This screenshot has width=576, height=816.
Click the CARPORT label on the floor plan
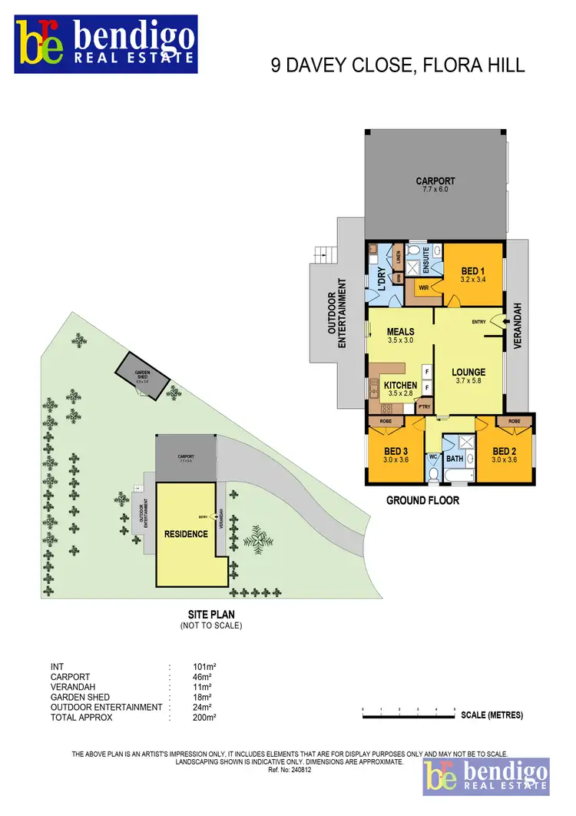pyautogui.click(x=435, y=182)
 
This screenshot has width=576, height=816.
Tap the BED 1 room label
pyautogui.click(x=472, y=271)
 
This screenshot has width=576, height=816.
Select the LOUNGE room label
pyautogui.click(x=470, y=373)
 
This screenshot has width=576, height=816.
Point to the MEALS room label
pyautogui.click(x=400, y=332)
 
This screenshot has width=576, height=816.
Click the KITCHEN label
pyautogui.click(x=400, y=385)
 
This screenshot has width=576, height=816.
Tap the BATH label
pyautogui.click(x=455, y=459)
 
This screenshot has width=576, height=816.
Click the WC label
pyautogui.click(x=432, y=456)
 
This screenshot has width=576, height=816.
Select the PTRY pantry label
pyautogui.click(x=425, y=406)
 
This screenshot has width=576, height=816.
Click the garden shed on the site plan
pyautogui.click(x=142, y=376)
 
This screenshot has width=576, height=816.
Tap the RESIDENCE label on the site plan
pyautogui.click(x=186, y=533)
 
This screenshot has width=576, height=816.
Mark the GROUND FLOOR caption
pyautogui.click(x=422, y=500)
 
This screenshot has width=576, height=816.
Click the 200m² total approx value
pyautogui.click(x=204, y=718)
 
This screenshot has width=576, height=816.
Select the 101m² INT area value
pyautogui.click(x=204, y=666)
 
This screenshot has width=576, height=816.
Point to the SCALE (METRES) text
pyautogui.click(x=492, y=715)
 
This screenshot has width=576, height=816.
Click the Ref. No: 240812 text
pyautogui.click(x=289, y=768)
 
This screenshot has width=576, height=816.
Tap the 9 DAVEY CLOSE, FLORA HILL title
pyautogui.click(x=398, y=66)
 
